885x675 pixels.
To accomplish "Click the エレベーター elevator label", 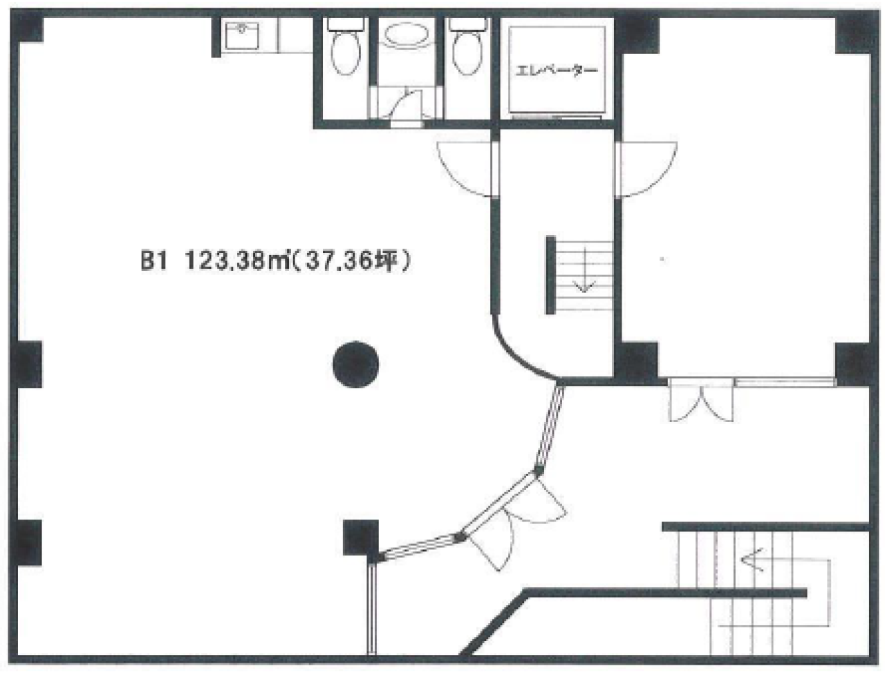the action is coord(557,72).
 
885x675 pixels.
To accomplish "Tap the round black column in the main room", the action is coord(355,364).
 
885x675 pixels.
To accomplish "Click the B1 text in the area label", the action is coord(153,262).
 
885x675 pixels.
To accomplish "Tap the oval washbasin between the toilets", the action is coord(407,35).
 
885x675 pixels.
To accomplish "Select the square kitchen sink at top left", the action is coord(242,36).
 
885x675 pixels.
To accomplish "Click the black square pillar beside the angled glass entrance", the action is coord(361,538).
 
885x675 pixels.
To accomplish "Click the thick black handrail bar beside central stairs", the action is coord(551,275).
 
